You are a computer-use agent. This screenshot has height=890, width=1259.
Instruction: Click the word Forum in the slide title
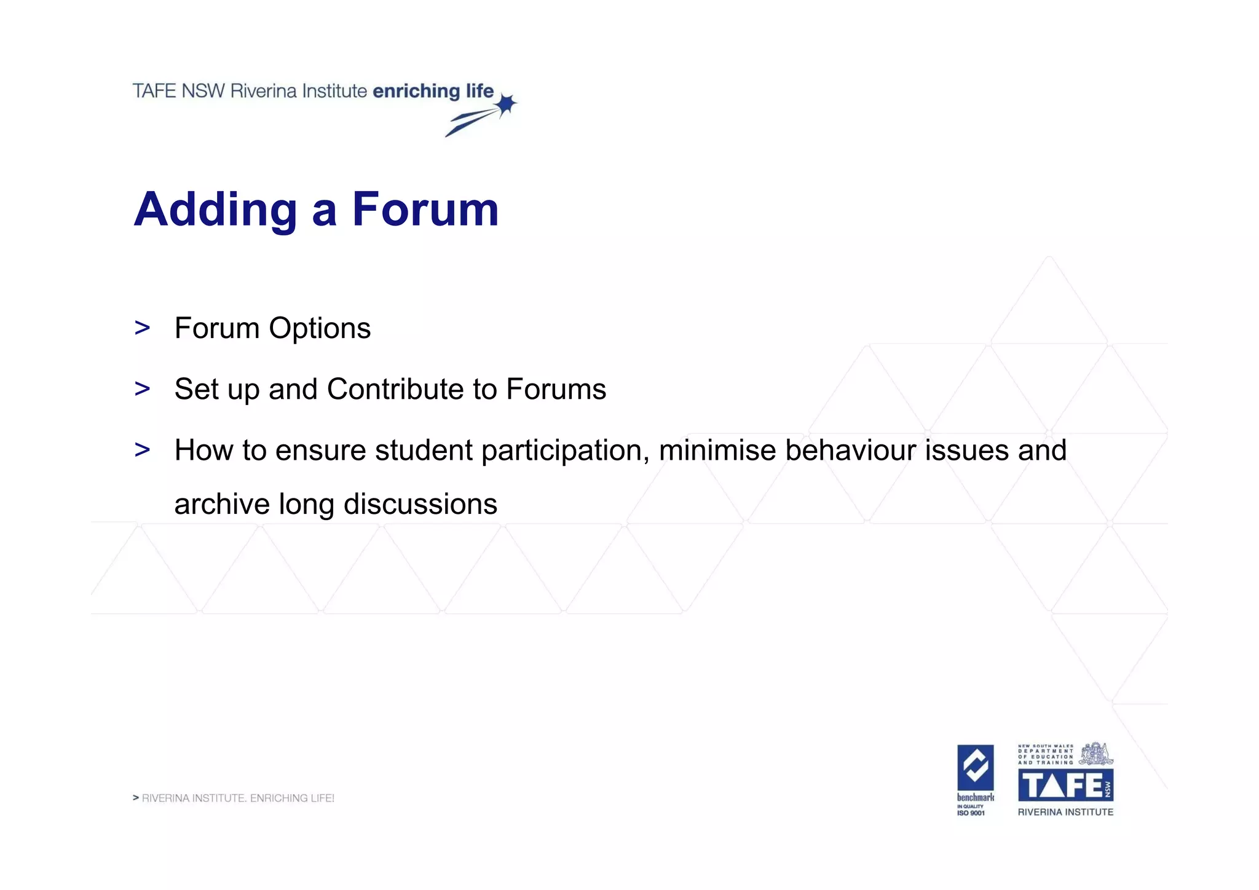click(x=425, y=210)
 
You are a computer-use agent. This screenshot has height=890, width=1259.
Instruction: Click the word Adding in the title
click(x=216, y=210)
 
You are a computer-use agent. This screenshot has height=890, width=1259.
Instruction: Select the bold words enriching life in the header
click(x=433, y=91)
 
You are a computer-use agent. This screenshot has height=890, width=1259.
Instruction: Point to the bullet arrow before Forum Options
click(x=142, y=328)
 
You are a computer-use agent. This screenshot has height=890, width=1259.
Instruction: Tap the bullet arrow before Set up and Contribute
click(x=142, y=388)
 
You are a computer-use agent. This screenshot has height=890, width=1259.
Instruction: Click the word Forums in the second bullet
click(x=556, y=389)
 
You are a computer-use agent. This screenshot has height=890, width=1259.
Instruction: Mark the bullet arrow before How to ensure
click(x=142, y=449)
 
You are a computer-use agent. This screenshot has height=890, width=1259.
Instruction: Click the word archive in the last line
click(x=222, y=504)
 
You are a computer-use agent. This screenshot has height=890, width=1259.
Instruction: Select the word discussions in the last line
click(x=420, y=504)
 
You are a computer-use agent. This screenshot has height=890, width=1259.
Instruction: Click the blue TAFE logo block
click(x=1065, y=785)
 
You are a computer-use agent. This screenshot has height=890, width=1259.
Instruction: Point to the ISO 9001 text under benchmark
click(x=971, y=813)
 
